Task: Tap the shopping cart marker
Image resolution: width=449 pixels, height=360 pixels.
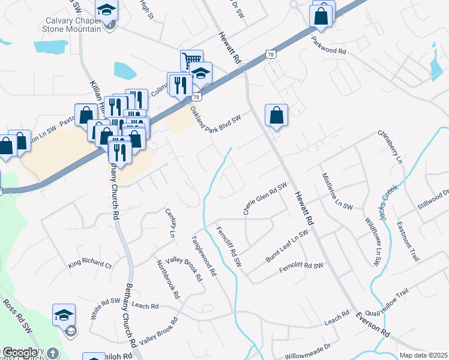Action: click(x=191, y=61)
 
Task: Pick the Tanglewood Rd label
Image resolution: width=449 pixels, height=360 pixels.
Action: click(x=203, y=254)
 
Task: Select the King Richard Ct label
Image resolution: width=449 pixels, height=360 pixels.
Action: click(x=90, y=263)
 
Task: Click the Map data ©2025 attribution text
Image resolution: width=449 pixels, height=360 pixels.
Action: click(x=423, y=355)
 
